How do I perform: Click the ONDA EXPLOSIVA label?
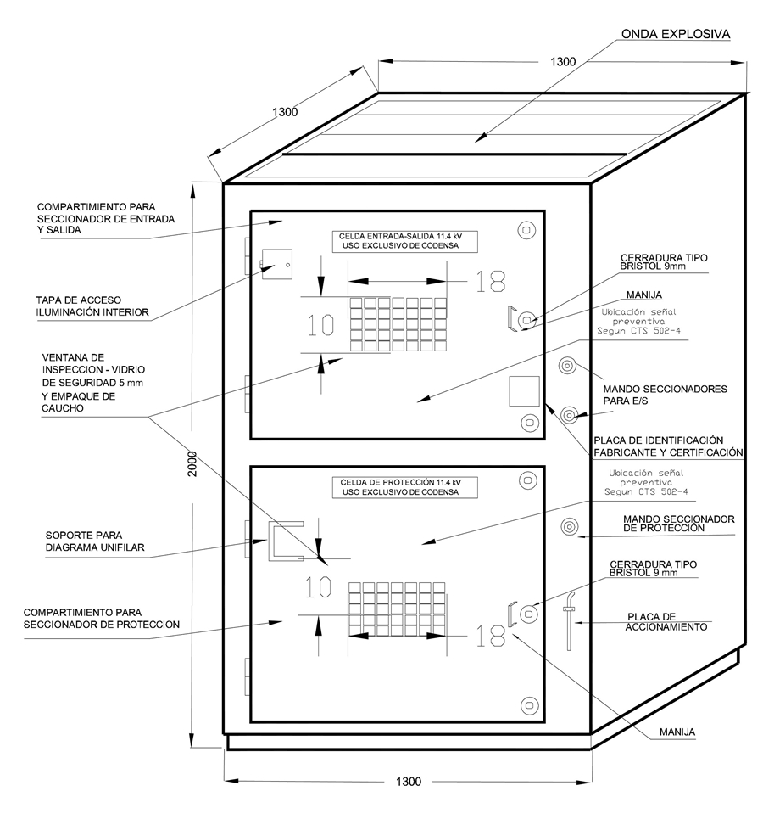[x=675, y=35]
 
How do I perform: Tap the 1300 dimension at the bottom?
[x=408, y=782]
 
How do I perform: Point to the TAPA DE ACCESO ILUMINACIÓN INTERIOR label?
[x=92, y=306]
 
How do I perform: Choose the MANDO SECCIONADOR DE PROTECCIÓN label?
[x=677, y=523]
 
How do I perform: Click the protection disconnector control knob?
[x=567, y=526]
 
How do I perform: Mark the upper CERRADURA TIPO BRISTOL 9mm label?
[x=664, y=261]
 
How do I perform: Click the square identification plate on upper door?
[x=524, y=391]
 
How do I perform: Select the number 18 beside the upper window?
[x=490, y=281]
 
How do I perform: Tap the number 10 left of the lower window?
[x=317, y=586]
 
